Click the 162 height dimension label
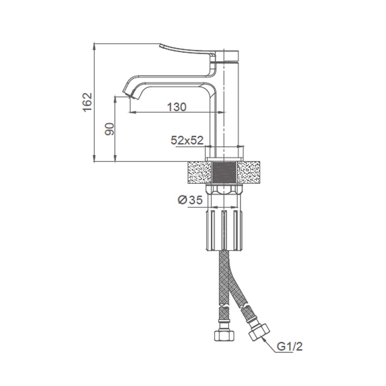click(x=88, y=102)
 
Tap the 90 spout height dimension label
click(x=110, y=129)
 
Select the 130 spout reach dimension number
click(x=177, y=107)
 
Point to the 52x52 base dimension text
click(x=187, y=141)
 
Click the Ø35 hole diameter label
click(x=190, y=200)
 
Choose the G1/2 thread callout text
click(x=289, y=347)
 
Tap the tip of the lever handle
click(x=161, y=46)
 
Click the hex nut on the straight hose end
click(x=223, y=335)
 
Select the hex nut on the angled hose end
click(x=259, y=332)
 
